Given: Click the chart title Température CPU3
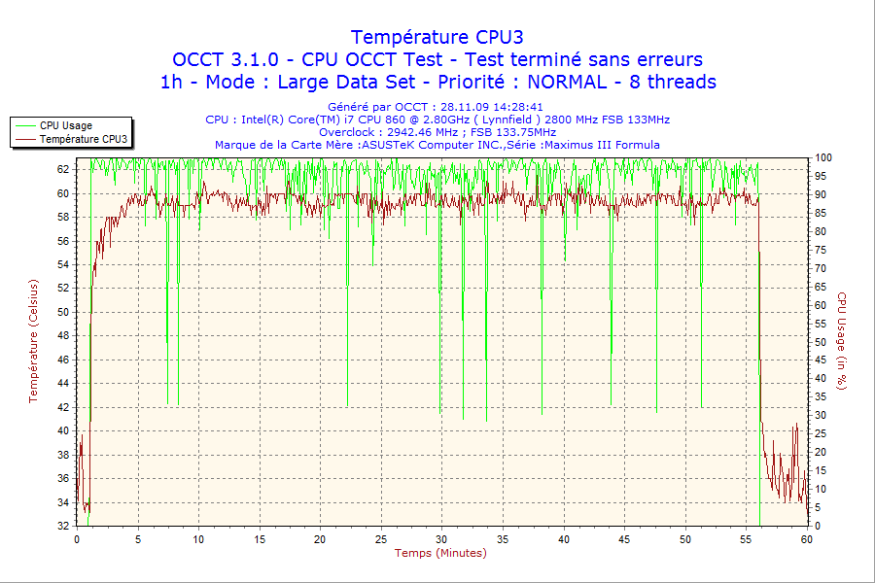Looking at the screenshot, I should point(437,37).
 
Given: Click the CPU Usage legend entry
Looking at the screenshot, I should point(66,125).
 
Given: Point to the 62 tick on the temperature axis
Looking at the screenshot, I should point(64,169).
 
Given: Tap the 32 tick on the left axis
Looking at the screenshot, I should point(64,526).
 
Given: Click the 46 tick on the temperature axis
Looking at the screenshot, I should point(64,360).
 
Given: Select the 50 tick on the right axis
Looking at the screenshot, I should point(821,342).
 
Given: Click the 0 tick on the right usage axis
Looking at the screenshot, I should point(818,526).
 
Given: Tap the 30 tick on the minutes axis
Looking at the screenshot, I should point(441,539).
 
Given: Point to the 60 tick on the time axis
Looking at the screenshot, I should point(806,539).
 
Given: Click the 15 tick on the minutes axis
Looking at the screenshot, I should point(260,539).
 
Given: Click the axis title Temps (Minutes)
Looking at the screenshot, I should point(440,553).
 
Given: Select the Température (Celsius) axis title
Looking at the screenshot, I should point(34,340).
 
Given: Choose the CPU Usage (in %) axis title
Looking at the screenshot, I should point(842,340).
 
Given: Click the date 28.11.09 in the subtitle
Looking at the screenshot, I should point(469,107).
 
